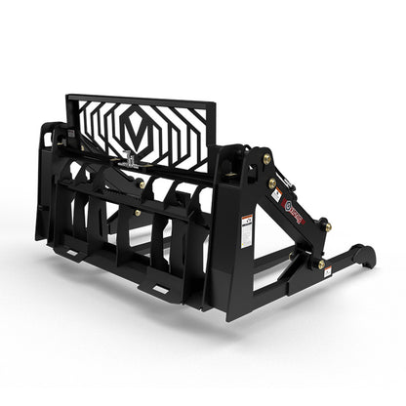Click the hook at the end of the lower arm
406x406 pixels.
(364, 256)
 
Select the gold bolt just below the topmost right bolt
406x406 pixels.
(271, 182)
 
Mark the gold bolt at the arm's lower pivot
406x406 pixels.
(320, 264)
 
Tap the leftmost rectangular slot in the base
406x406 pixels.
(67, 253)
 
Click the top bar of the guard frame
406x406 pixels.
(142, 101)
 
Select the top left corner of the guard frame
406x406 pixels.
(68, 97)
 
